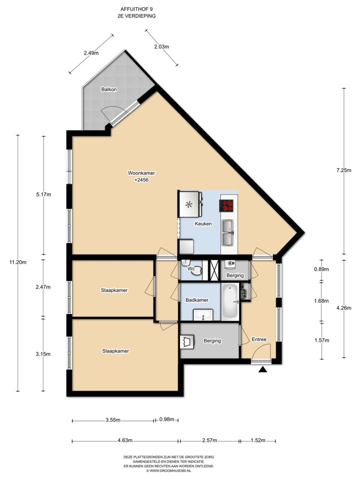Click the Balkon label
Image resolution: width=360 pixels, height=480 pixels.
[109, 90]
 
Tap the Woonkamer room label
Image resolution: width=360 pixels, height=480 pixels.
[141, 173]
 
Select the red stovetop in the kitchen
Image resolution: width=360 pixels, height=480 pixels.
[227, 205]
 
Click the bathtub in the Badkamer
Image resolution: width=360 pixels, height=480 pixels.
[230, 301]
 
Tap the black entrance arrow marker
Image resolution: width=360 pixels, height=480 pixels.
[263, 370]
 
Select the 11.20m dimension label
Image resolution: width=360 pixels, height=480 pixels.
[18, 262]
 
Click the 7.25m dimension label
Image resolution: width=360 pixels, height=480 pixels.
[344, 171]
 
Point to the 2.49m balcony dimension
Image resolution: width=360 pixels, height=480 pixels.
[91, 53]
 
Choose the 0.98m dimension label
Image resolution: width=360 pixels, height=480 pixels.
[167, 419]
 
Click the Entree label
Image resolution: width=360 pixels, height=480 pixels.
[259, 339]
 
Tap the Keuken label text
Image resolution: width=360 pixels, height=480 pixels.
[203, 224]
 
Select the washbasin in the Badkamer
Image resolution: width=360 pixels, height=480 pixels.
[203, 315]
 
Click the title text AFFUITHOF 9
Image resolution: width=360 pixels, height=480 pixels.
[137, 10]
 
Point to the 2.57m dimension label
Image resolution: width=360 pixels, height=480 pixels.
[210, 441]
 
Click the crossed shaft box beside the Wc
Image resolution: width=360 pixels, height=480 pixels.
[213, 270]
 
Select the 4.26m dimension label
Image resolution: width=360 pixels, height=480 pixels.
[344, 308]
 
